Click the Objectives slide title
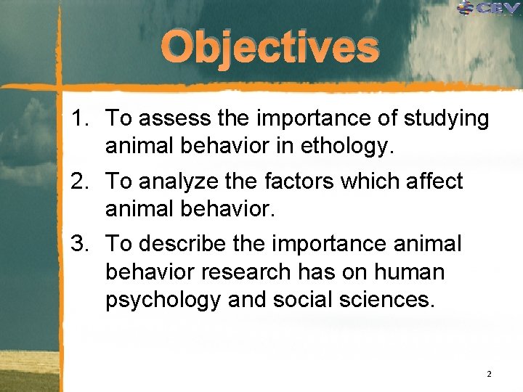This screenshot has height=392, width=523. pyautogui.click(x=270, y=48)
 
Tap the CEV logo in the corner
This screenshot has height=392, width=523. pyautogui.click(x=490, y=9)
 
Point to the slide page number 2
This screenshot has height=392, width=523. pyautogui.click(x=489, y=374)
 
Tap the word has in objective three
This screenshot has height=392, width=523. pyautogui.click(x=320, y=272)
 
